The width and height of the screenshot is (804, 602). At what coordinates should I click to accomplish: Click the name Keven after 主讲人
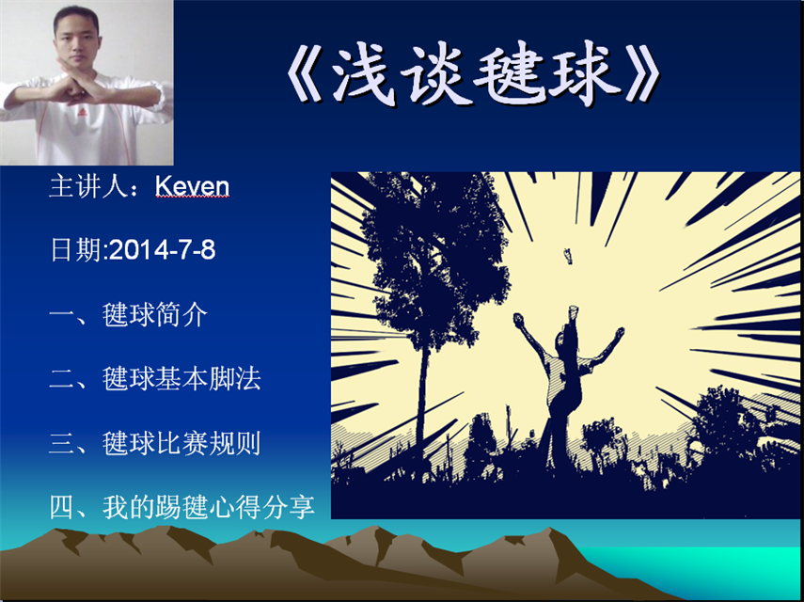coord(192,188)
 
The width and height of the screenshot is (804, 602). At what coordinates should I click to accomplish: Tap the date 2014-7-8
coord(163,251)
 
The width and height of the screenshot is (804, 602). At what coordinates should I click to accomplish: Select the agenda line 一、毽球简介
coord(129,314)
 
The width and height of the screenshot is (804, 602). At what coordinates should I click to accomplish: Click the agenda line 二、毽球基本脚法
coord(155,378)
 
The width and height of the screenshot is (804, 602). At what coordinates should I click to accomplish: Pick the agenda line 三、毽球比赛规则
coord(155,443)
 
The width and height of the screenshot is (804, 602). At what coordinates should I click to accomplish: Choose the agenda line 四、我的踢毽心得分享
coord(182,507)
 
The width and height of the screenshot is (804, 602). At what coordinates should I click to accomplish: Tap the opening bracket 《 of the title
coord(305,77)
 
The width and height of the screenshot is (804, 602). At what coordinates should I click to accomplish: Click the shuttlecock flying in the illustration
coord(568,255)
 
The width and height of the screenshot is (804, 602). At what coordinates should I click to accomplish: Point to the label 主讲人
coord(87,188)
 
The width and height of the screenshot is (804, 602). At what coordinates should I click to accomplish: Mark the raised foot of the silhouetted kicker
coord(574,310)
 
